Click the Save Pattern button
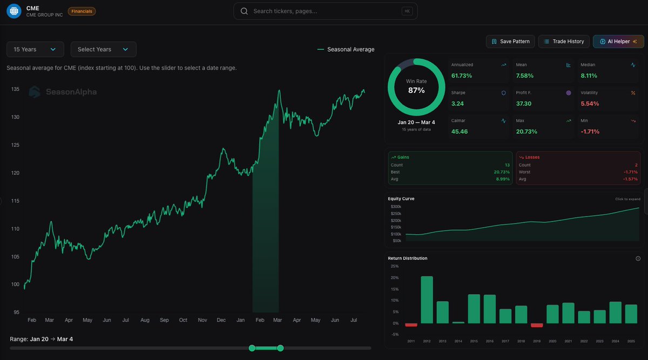tap(510, 42)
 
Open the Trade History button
tap(564, 42)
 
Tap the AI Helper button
tap(618, 42)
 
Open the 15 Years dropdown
tap(35, 49)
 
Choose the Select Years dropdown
tap(103, 49)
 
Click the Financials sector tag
tap(82, 11)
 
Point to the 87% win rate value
tap(416, 90)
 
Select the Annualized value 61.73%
tap(462, 76)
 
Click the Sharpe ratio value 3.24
tap(458, 104)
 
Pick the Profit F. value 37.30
tap(524, 104)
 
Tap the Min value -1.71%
tap(590, 132)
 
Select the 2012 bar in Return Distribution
tap(427, 300)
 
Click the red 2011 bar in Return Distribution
tap(411, 325)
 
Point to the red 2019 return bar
tap(537, 325)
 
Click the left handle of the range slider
tap(252, 348)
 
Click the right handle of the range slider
tap(280, 348)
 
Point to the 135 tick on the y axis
tap(15, 89)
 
